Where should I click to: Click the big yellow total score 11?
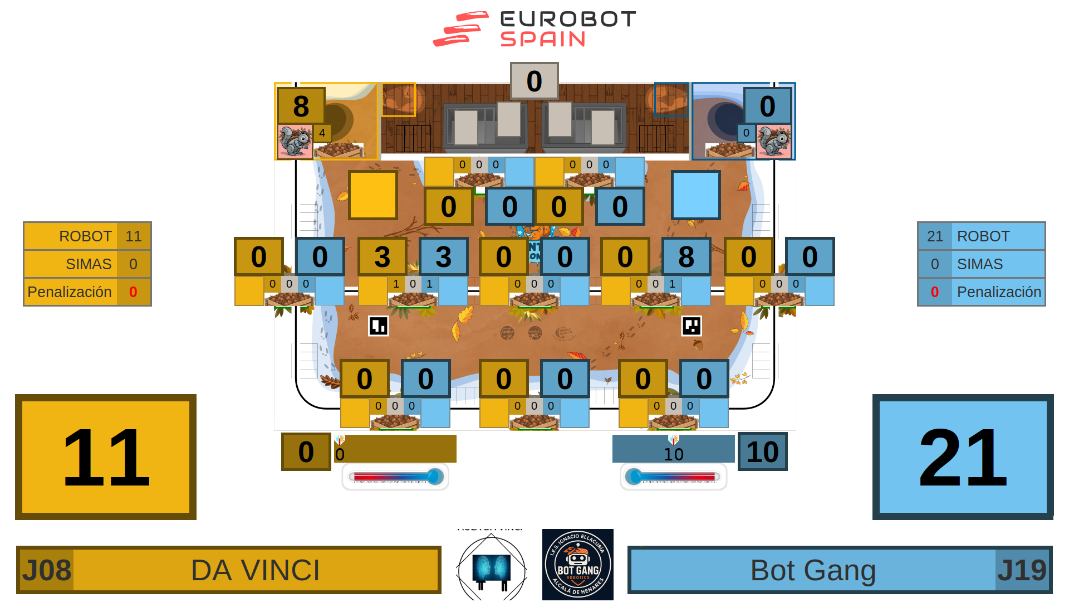106,457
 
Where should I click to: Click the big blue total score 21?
963,457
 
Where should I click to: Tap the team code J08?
46,570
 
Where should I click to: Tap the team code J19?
1022,570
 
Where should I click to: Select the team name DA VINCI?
256,570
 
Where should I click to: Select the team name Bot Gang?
813,570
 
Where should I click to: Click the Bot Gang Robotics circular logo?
578,565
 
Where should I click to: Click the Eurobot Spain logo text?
568,28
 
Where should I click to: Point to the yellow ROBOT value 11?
134,236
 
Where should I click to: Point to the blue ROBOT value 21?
935,236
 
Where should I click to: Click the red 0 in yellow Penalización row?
133,292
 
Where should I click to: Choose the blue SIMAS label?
980,264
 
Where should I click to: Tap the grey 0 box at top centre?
534,81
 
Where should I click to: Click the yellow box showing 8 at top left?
301,106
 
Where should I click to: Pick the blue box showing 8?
686,256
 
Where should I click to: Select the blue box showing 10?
762,452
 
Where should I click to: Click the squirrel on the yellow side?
295,142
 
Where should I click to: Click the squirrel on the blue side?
774,142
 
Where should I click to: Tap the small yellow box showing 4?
322,133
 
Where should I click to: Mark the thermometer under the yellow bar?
395,477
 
